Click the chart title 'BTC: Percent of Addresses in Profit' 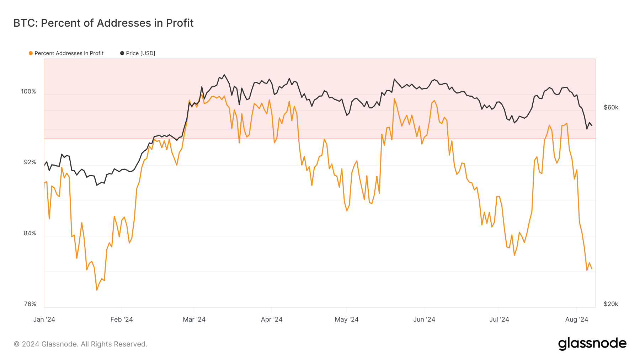pos(103,23)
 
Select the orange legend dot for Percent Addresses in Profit pos(31,53)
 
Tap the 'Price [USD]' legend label pos(140,53)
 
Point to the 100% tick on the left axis pos(28,92)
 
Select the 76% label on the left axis pos(30,304)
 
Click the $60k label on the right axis pos(611,108)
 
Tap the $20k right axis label pos(611,304)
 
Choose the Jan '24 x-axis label pos(44,319)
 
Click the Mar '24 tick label pos(194,319)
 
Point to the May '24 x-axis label pos(346,319)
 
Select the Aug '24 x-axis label pos(576,319)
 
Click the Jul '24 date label pos(499,319)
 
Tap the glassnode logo pos(592,344)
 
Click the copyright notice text pos(80,344)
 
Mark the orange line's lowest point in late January pos(97,290)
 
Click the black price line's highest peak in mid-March pos(224,75)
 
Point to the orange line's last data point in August pos(592,269)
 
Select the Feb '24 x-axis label pos(122,319)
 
